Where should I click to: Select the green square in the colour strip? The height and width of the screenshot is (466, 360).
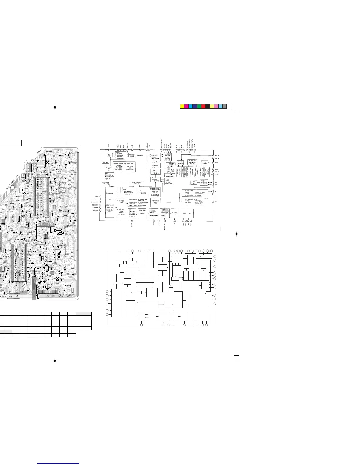point(199,106)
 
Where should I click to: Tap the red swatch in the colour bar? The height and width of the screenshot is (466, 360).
point(203,106)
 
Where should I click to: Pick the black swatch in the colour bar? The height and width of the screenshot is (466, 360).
point(208,106)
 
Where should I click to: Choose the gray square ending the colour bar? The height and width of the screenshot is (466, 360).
point(225,106)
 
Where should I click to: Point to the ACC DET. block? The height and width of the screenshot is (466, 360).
point(105,162)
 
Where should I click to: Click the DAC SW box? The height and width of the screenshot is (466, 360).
point(194,182)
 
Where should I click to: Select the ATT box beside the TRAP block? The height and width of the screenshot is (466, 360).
point(119,192)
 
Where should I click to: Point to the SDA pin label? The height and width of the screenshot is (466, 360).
point(216,182)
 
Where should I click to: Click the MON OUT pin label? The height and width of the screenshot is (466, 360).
point(95,211)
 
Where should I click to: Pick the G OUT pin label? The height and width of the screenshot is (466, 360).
point(217,172)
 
